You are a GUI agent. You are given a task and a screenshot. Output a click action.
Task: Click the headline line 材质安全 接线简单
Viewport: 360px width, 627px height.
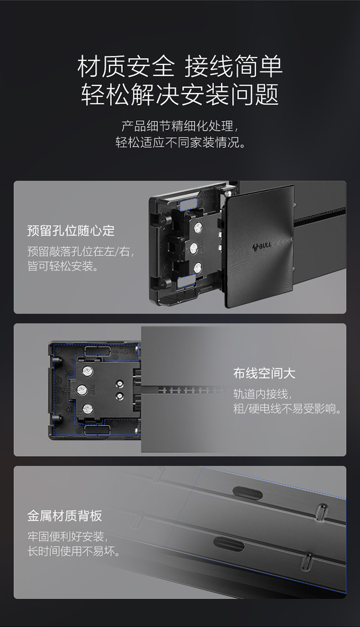[180, 67]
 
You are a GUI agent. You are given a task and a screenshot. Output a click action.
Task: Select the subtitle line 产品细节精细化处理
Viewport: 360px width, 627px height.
[180, 126]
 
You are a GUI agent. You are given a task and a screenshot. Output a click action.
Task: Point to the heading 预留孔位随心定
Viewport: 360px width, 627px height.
[71, 231]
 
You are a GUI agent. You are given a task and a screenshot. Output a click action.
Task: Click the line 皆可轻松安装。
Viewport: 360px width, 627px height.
[63, 266]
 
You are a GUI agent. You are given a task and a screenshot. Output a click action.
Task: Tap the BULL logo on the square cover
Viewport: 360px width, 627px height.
[262, 247]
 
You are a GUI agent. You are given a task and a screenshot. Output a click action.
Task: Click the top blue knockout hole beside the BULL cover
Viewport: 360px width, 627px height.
[188, 205]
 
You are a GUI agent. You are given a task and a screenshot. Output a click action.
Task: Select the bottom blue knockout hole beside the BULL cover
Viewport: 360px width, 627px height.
[187, 281]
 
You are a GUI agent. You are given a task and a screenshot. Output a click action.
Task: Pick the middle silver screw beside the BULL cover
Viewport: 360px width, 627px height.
[194, 248]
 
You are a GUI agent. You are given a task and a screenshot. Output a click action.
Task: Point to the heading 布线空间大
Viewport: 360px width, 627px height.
[264, 373]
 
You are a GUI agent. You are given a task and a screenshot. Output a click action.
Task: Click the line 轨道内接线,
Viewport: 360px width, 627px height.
[263, 394]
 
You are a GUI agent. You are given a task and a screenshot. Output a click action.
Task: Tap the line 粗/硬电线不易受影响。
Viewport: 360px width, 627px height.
[288, 409]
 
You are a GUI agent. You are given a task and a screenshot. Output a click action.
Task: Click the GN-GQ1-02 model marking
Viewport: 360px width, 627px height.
[123, 352]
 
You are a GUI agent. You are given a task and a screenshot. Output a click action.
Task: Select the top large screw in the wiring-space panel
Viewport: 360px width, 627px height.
[88, 372]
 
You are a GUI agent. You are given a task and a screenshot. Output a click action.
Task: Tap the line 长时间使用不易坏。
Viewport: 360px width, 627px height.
[74, 551]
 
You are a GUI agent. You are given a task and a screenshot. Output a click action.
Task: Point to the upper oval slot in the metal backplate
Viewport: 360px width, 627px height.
[248, 493]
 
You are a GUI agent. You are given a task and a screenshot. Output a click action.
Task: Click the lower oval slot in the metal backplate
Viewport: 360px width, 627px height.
[228, 544]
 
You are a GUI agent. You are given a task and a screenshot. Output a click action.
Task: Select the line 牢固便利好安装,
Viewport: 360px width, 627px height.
[67, 537]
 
